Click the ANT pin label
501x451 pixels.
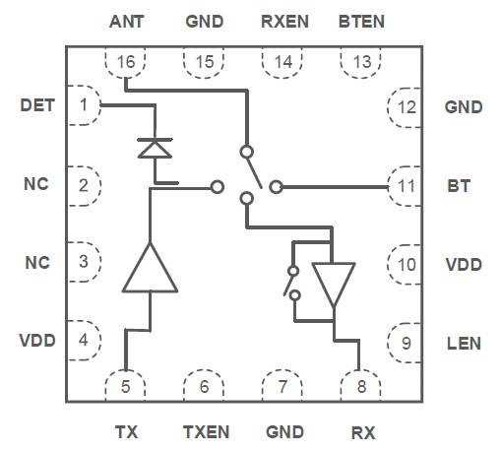(126, 22)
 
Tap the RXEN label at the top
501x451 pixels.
(284, 22)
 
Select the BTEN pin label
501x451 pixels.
(361, 22)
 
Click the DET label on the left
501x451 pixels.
(37, 105)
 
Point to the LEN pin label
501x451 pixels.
(464, 344)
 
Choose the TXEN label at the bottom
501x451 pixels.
(206, 432)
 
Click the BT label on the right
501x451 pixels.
(459, 186)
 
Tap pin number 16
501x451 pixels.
(126, 62)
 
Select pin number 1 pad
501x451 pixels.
(84, 105)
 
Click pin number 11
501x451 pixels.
(407, 186)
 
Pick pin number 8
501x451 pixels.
(361, 387)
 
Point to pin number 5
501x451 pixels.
(125, 387)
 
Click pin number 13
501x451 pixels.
(362, 62)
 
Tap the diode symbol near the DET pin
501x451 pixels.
(155, 149)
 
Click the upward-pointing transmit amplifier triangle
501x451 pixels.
(150, 267)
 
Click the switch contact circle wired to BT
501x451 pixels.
(276, 187)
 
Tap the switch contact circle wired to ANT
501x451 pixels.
(247, 152)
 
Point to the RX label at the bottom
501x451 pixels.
(363, 432)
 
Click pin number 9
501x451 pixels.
(407, 344)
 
